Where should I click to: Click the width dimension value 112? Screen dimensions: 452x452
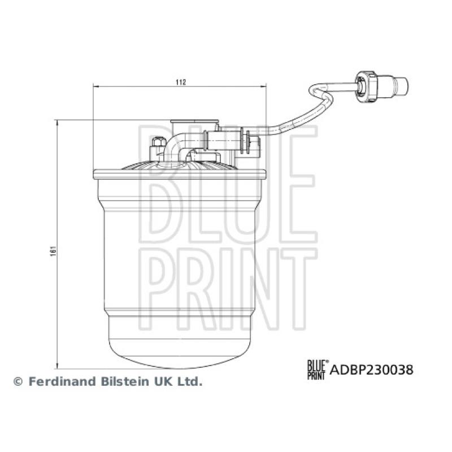pos(180,82)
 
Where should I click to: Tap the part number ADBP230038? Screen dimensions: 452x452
pos(371,370)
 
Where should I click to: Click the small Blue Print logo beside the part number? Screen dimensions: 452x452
pos(316,370)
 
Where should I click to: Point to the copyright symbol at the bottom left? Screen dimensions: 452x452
pos(18,382)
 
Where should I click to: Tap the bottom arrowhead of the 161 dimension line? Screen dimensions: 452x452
pos(58,364)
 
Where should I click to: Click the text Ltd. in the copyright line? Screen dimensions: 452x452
pos(190,381)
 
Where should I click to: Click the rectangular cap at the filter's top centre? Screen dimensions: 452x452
pos(194,123)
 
